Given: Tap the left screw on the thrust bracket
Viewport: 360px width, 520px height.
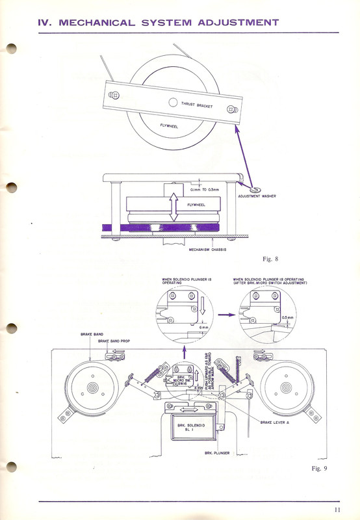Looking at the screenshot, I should [114, 95].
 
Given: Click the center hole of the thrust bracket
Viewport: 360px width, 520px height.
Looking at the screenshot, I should [173, 102].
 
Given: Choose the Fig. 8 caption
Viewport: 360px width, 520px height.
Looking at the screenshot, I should [270, 259].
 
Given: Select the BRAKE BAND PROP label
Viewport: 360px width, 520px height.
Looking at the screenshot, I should [114, 341].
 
